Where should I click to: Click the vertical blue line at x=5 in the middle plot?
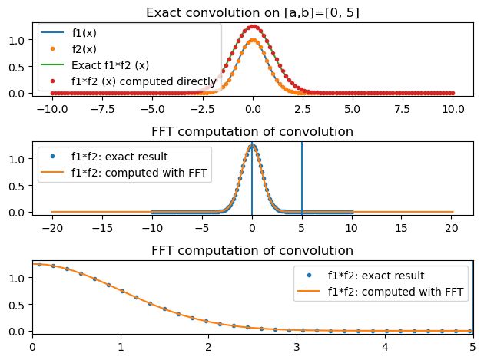pos(302,177)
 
